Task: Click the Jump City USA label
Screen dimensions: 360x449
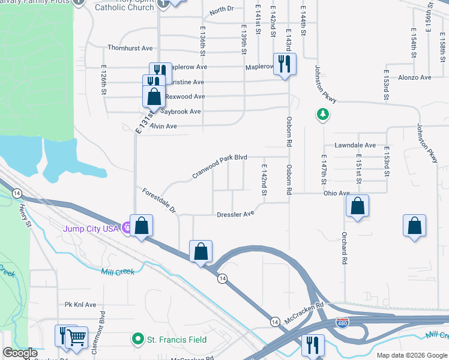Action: tap(91, 228)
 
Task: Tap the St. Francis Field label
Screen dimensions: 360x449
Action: tap(177, 340)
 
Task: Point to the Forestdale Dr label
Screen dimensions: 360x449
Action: tap(159, 200)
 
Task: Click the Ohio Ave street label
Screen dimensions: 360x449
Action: tap(336, 193)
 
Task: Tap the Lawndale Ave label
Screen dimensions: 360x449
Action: tap(355, 145)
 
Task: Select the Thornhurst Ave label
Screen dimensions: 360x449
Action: tap(130, 48)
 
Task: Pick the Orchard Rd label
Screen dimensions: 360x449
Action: tap(345, 248)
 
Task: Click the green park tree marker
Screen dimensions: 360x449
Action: tap(323, 114)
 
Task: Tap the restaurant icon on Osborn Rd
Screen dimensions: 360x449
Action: tap(285, 64)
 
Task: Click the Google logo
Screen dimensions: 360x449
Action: tap(20, 353)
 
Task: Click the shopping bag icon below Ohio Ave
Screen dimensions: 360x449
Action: tap(357, 206)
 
